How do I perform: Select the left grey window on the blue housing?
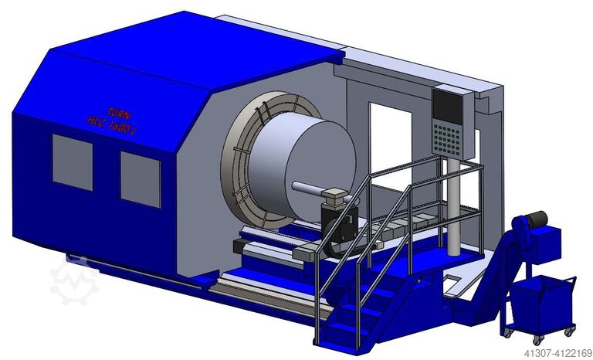(x=72, y=161)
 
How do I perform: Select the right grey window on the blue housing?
(x=140, y=178)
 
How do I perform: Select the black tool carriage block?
(x=340, y=224)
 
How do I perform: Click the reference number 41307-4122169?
(x=549, y=352)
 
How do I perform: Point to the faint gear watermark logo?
(x=74, y=280)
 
